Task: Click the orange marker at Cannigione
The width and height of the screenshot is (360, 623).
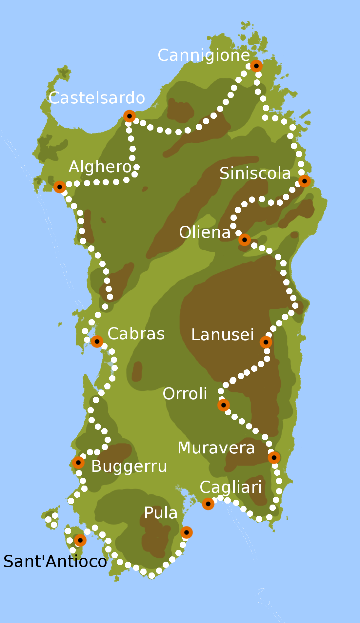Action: point(256,66)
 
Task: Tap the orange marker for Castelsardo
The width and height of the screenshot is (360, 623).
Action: point(130,116)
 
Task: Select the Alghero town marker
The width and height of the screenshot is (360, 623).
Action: point(60,187)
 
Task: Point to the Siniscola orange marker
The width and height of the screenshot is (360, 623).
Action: point(305,181)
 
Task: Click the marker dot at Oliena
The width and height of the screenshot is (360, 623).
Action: point(245,240)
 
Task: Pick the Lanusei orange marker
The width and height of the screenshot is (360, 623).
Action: point(266,342)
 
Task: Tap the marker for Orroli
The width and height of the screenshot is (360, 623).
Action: point(224,405)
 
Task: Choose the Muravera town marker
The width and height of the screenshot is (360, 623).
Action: point(274,457)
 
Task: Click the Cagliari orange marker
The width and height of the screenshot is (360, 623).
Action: point(208,504)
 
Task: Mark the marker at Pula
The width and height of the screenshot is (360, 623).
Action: point(187,532)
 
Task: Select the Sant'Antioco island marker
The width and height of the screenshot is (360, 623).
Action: point(80,540)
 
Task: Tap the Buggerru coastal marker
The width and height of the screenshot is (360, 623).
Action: point(78,463)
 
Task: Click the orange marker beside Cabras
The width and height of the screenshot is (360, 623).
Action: point(97,342)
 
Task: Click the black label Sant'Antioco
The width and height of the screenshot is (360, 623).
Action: point(55,561)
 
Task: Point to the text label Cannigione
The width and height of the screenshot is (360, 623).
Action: point(204,55)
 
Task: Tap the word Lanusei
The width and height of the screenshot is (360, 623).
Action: point(223,335)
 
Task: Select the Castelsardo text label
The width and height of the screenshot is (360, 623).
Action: point(97,98)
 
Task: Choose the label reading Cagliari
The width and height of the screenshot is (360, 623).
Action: point(231,487)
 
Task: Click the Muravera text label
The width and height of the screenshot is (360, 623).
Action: point(216,448)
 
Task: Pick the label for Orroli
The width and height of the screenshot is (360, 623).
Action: point(185,394)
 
